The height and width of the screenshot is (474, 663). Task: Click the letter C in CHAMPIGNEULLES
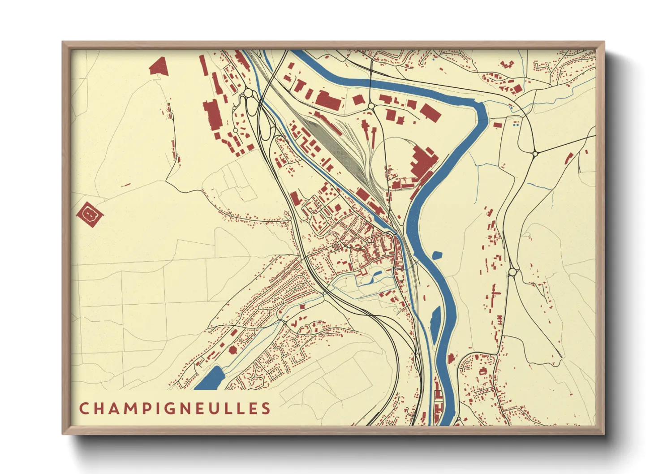pos(84,409)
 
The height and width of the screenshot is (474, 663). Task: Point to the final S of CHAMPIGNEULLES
pos(266,409)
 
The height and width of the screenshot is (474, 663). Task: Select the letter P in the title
pos(144,409)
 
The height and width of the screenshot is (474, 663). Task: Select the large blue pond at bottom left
pos(211,378)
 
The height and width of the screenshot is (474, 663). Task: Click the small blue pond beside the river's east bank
pos(437,256)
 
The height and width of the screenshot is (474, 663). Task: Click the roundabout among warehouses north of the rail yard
pos(371,106)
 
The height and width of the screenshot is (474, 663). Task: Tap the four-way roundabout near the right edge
pos(535,153)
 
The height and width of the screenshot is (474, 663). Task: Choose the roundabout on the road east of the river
pos(512,272)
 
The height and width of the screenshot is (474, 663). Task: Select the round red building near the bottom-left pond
pos(232,349)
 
